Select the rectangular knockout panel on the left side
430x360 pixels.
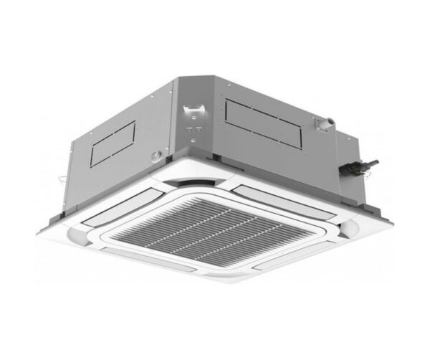(113, 143)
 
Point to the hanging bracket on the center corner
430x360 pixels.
(191, 112)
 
